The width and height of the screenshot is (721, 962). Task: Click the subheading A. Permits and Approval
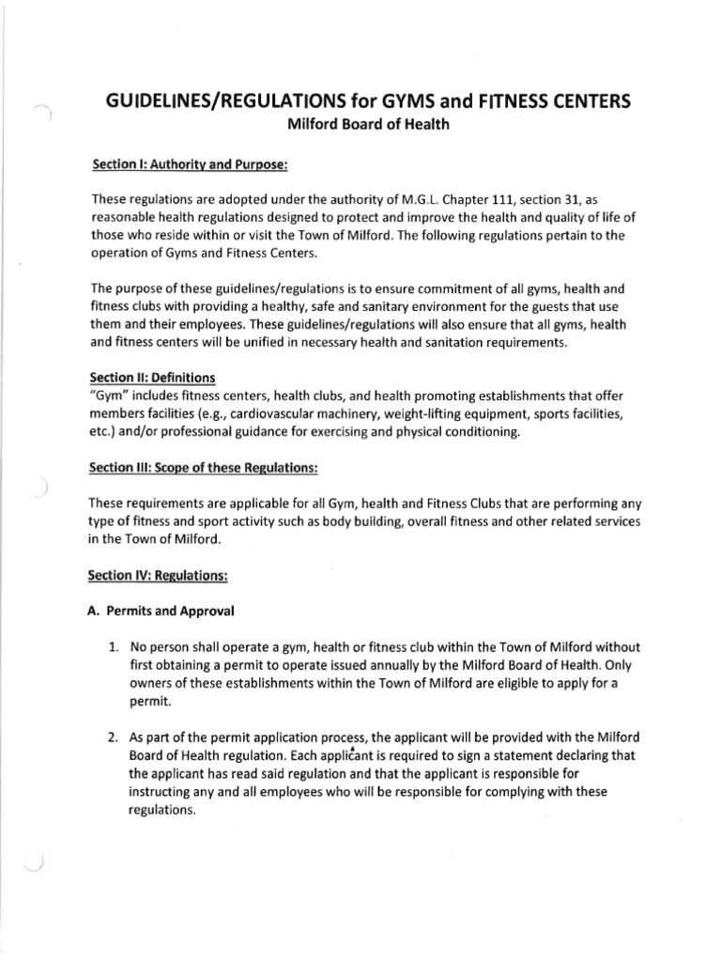pos(160,610)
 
